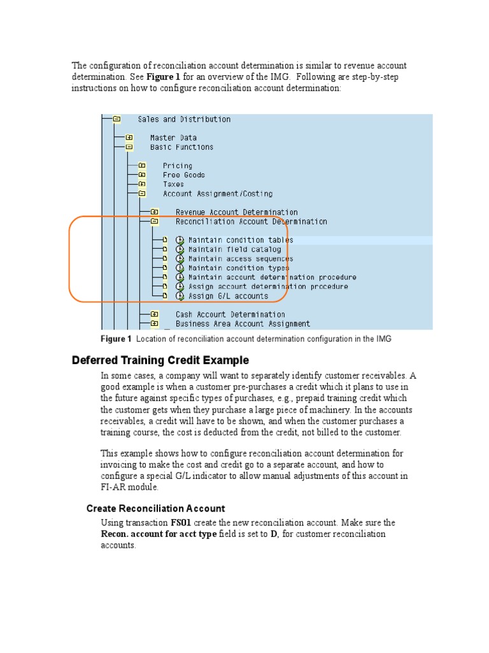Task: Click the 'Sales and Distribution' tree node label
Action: [x=184, y=119]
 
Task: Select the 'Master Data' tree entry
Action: [x=173, y=138]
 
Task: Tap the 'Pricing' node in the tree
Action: [x=177, y=166]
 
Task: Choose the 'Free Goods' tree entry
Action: [x=183, y=175]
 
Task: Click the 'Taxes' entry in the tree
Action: [x=173, y=184]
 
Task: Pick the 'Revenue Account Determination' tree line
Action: [x=236, y=212]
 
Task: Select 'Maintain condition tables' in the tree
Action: [x=241, y=240]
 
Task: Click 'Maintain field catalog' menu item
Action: [x=234, y=249]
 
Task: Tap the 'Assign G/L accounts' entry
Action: [x=228, y=296]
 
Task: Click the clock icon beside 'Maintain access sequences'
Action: [x=180, y=259]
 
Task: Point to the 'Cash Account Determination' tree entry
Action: [x=230, y=314]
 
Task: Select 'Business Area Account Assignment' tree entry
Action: [x=243, y=324]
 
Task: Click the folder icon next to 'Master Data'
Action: [x=129, y=138]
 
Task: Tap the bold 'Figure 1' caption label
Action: [x=116, y=339]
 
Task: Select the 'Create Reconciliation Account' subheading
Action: [x=155, y=508]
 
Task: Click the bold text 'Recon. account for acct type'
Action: [x=159, y=534]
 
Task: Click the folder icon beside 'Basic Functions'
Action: [x=129, y=147]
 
